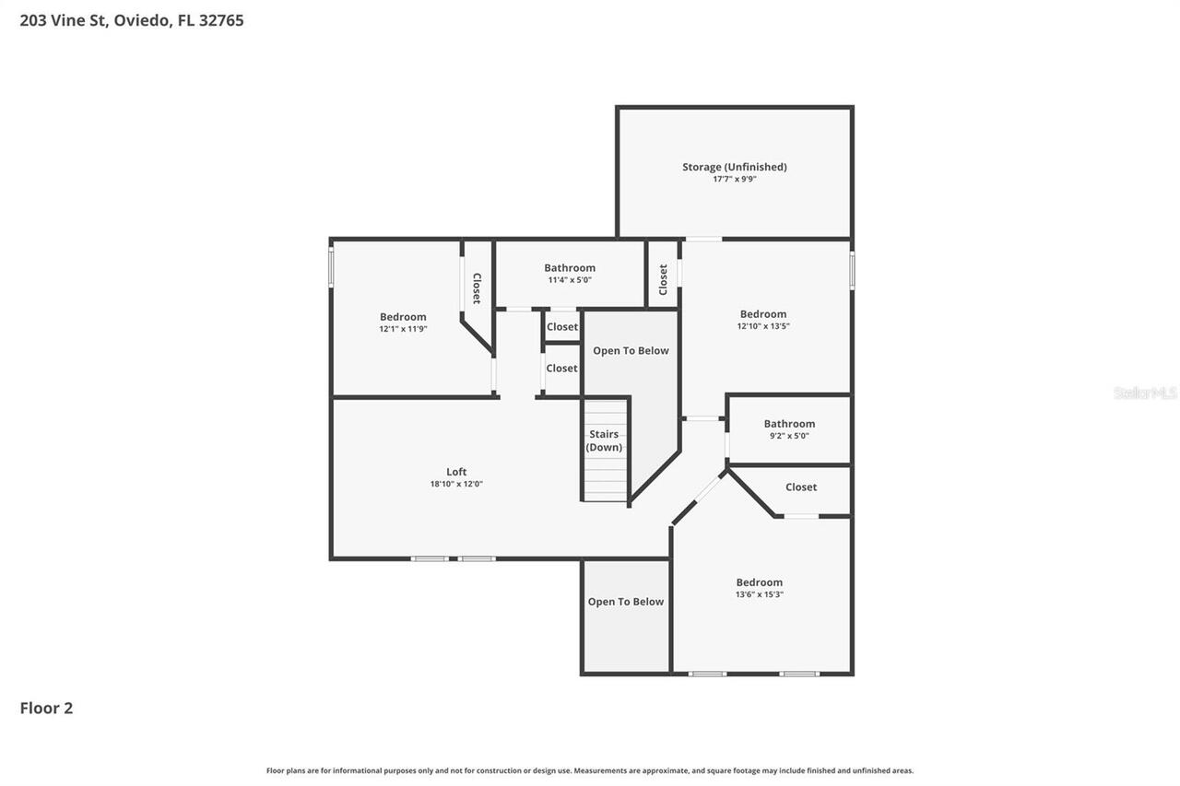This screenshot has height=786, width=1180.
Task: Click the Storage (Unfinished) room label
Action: pos(734,167)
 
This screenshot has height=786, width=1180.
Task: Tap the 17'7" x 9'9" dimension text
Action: pos(734,179)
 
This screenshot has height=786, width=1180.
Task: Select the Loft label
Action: pos(456,472)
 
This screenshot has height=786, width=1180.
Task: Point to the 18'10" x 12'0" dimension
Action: pos(456,484)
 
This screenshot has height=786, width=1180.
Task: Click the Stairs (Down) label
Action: pos(604,440)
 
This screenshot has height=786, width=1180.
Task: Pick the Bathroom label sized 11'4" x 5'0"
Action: pos(570,268)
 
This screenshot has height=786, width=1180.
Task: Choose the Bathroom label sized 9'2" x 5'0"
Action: pos(789,424)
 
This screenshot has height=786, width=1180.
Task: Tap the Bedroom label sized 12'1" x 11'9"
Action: pos(403,317)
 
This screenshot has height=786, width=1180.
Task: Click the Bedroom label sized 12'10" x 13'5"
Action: pos(763,314)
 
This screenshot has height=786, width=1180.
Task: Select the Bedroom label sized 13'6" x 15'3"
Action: pos(759,582)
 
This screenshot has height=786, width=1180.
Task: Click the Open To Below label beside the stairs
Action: pos(631,350)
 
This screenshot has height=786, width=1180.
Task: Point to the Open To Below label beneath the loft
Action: pos(626,602)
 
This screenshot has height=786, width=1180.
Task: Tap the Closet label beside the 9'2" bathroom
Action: pos(800,487)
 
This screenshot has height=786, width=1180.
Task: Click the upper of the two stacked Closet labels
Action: pos(562,326)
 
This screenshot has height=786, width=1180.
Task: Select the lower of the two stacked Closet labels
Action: pos(562,368)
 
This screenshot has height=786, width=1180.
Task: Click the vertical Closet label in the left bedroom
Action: pos(477,287)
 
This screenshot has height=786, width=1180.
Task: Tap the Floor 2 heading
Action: pos(46,708)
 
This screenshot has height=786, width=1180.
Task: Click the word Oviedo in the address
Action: pos(143,20)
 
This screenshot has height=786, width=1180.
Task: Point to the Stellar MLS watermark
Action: pos(1145,393)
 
